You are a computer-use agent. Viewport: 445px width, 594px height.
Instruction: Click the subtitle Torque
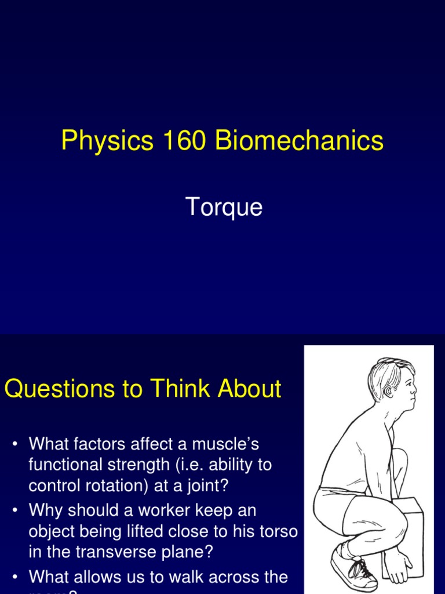(224, 207)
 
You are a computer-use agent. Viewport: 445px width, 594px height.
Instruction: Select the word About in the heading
(250, 389)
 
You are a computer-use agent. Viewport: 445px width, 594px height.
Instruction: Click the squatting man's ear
(387, 390)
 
